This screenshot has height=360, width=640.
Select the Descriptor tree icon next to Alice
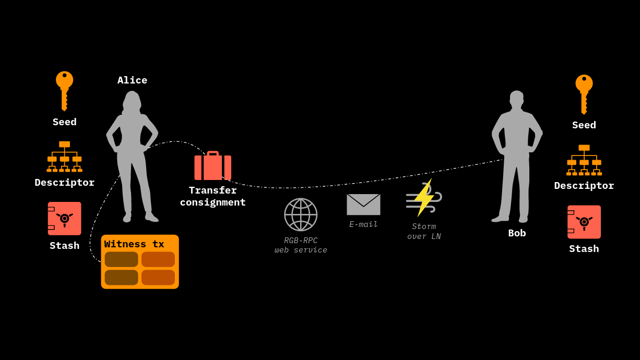(x=64, y=157)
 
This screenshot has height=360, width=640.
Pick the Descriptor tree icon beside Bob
(x=584, y=160)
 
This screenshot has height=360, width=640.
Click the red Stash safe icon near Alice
(x=64, y=219)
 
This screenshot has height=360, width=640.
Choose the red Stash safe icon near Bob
(x=584, y=222)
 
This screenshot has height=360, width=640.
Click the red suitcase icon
(x=212, y=166)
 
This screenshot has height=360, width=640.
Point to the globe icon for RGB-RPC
(x=301, y=214)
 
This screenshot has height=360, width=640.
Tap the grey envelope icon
(x=363, y=205)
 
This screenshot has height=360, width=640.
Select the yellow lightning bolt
(x=423, y=198)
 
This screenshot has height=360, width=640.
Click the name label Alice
(x=132, y=80)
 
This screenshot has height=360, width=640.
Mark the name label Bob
(x=517, y=233)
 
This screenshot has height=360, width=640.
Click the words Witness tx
(x=134, y=244)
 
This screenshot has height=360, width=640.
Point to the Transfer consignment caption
(x=212, y=196)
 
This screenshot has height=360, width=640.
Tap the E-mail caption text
(x=363, y=224)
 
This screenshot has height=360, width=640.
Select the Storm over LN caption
(x=424, y=231)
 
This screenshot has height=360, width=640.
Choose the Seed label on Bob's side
(x=584, y=125)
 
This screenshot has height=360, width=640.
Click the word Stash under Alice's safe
(x=64, y=246)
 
